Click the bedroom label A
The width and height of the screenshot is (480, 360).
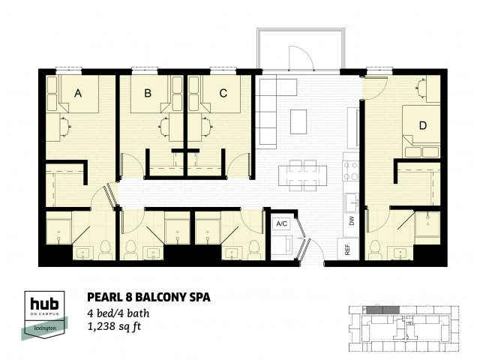pyautogui.click(x=78, y=93)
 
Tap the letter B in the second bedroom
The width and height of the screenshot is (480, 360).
pyautogui.click(x=148, y=93)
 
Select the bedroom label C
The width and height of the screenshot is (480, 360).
pyautogui.click(x=223, y=93)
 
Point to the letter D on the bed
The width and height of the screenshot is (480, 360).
pyautogui.click(x=423, y=125)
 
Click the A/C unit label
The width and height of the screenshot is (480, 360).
pyautogui.click(x=282, y=223)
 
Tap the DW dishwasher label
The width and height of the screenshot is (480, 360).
pyautogui.click(x=352, y=220)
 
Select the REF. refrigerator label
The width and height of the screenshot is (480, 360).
pyautogui.click(x=347, y=248)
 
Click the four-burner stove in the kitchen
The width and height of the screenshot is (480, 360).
pyautogui.click(x=351, y=170)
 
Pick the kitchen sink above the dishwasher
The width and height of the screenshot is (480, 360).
pyautogui.click(x=352, y=203)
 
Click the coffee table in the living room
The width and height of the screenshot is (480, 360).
pyautogui.click(x=298, y=121)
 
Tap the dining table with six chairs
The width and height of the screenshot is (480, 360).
pyautogui.click(x=303, y=175)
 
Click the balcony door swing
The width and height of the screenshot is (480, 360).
pyautogui.click(x=301, y=58)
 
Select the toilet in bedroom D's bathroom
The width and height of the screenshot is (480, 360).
pyautogui.click(x=375, y=250)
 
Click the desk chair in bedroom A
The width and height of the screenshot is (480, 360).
pyautogui.click(x=65, y=127)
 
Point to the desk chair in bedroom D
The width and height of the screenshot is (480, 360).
pyautogui.click(x=421, y=88)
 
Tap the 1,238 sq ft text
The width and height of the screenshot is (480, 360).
pyautogui.click(x=114, y=327)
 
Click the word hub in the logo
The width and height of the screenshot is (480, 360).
pyautogui.click(x=44, y=304)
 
